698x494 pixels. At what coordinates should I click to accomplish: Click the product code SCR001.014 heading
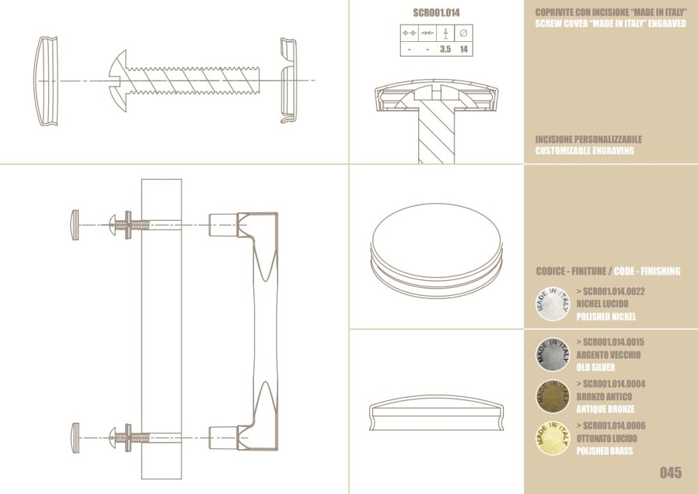point(436,13)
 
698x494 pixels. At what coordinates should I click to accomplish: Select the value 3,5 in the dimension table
point(445,49)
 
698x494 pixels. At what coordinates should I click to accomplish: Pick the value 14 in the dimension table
point(463,49)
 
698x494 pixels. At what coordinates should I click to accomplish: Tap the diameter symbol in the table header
point(463,33)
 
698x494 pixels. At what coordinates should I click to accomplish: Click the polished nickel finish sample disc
point(553,304)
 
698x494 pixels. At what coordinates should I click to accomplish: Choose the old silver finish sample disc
point(553,354)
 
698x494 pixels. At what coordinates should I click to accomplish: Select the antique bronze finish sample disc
point(553,396)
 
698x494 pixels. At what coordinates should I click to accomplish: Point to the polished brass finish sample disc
point(553,438)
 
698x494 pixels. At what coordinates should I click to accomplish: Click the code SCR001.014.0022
point(610,291)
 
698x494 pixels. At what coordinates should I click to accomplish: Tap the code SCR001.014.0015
point(610,342)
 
